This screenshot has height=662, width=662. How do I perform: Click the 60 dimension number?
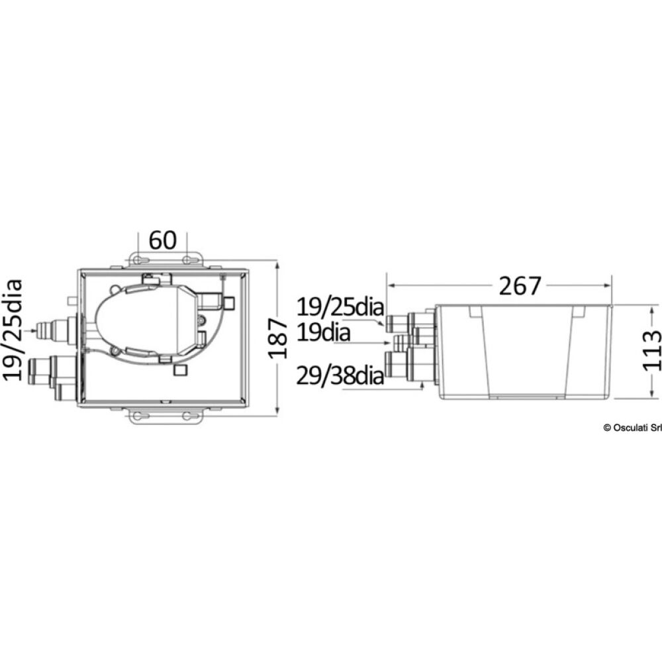click(163, 241)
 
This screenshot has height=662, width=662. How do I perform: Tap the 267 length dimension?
click(520, 286)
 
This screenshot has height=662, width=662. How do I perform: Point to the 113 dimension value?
click(652, 350)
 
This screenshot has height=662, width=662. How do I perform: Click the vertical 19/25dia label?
click(12, 330)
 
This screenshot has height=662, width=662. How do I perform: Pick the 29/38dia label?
click(340, 375)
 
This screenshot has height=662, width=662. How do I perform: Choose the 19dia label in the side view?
click(324, 333)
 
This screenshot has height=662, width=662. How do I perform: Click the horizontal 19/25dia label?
click(340, 307)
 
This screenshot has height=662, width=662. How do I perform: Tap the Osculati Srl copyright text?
click(632, 428)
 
